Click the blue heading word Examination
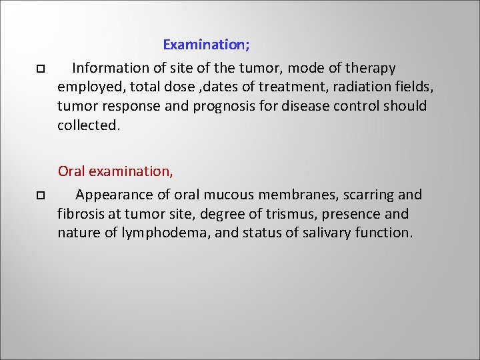(206, 45)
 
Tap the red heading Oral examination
(115, 171)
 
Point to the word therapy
(371, 68)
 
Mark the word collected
(89, 125)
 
